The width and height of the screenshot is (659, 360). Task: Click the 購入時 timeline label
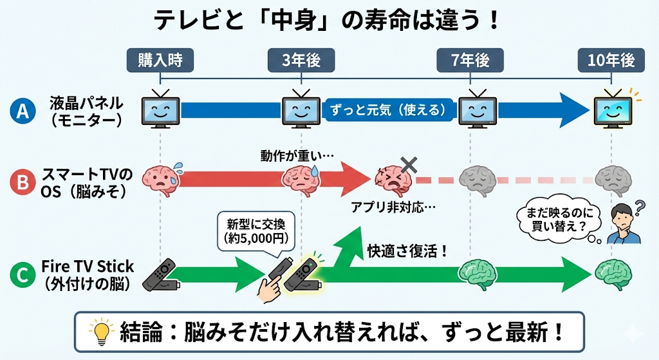[x=160, y=60]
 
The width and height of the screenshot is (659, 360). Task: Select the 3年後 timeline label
[x=301, y=60]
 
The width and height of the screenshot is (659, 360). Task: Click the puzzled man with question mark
[x=622, y=223]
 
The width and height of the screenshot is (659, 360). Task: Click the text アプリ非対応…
[x=393, y=207]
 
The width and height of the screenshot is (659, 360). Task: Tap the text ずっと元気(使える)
[x=388, y=110]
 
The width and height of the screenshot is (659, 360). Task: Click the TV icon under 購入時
[x=160, y=109]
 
